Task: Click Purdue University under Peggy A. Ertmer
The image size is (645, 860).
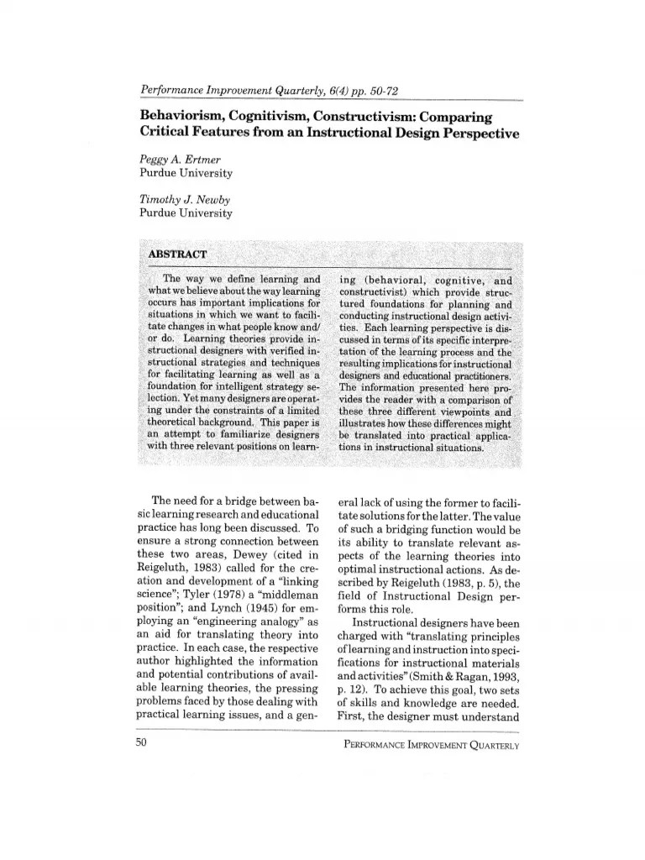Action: click(186, 173)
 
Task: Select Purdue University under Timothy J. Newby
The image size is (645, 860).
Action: click(186, 213)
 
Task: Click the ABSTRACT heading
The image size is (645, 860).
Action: click(172, 253)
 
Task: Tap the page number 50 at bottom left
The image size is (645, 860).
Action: click(140, 742)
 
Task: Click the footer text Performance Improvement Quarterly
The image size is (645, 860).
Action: click(432, 743)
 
